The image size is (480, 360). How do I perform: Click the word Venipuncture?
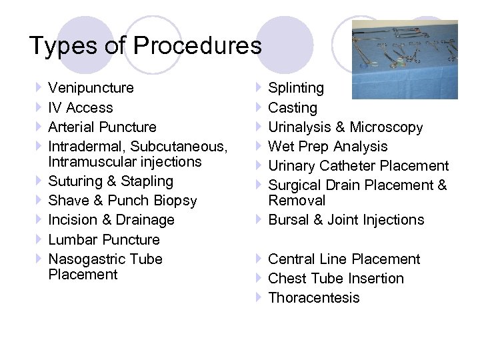coord(91,88)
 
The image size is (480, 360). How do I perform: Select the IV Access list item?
coord(81,107)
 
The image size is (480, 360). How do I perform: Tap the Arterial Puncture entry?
coord(103,127)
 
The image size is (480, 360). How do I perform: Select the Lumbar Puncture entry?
coord(104,239)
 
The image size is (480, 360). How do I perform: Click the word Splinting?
coord(296,88)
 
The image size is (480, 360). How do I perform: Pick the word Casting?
coord(293,107)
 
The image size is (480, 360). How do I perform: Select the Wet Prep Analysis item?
coord(327,146)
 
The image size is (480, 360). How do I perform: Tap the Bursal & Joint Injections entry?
coord(345,220)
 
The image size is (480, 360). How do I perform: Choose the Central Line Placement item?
coord(344,259)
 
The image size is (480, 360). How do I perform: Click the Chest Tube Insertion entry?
coord(335,278)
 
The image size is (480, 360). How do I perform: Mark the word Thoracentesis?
coord(313,297)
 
